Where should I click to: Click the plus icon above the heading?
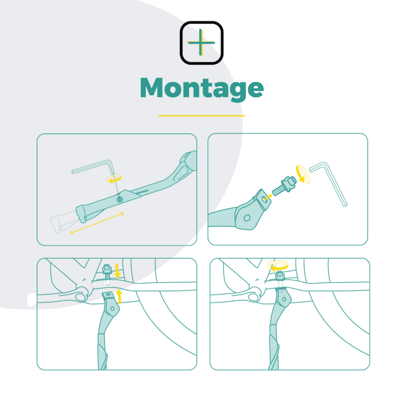(202, 43)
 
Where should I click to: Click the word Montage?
(202, 89)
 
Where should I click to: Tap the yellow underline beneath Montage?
(202, 116)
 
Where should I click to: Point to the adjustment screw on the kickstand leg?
(119, 199)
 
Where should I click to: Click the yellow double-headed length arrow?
(97, 223)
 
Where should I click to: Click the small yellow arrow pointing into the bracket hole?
(268, 197)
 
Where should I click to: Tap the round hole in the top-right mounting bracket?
(247, 218)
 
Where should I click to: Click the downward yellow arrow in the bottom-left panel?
(117, 271)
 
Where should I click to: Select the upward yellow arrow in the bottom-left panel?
(119, 296)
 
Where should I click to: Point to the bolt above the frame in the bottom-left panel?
(107, 272)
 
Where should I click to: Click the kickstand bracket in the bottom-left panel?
(111, 304)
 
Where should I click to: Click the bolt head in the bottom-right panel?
(280, 275)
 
